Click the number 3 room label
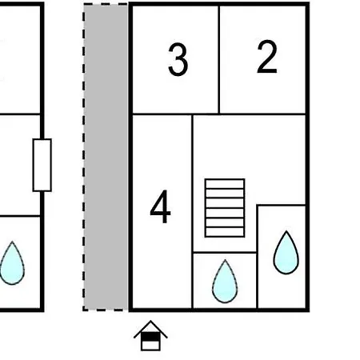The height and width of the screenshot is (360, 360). pos(178,59)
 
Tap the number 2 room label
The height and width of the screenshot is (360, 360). pos(267,57)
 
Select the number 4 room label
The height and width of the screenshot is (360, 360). pos(160,206)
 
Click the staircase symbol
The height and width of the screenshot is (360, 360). pos(225,208)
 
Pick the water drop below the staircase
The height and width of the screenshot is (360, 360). pos(225,282)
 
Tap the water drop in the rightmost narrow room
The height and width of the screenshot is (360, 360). pos(286,253)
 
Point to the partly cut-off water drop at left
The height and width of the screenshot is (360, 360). pos(12,263)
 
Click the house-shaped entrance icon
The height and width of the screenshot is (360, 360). pos(150,335)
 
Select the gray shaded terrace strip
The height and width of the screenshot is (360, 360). pos(106,158)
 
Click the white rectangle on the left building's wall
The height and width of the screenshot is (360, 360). pos(42,165)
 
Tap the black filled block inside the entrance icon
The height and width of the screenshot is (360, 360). pos(150,337)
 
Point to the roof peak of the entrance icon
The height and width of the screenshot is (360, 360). pos(150,321)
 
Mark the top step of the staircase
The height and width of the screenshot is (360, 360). pos(225,184)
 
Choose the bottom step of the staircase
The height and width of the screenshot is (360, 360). pos(225,232)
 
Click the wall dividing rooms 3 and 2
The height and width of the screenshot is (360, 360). pos(219,60)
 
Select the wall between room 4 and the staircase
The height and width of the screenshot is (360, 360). pos(192,212)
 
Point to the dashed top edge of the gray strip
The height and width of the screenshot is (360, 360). pos(106,4)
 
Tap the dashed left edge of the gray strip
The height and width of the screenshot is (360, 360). pos(84,158)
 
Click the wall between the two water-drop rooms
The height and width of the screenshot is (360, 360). pos(257,257)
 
